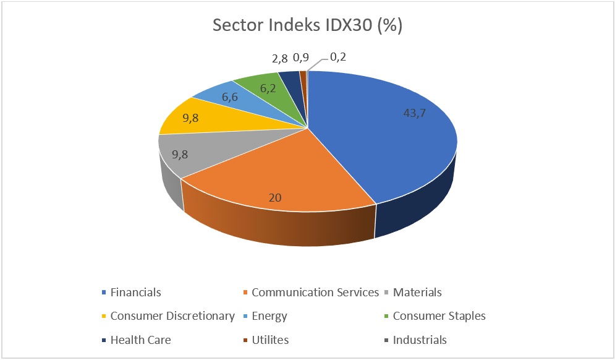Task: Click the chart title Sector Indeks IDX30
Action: [307, 26]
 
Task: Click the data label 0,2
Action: [337, 57]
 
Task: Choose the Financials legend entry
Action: [135, 293]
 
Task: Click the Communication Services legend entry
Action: [315, 293]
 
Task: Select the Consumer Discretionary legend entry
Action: [172, 316]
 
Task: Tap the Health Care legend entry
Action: [140, 340]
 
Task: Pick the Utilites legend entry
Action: [270, 340]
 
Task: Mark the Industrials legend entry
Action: [420, 340]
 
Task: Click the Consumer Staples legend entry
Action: [439, 316]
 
